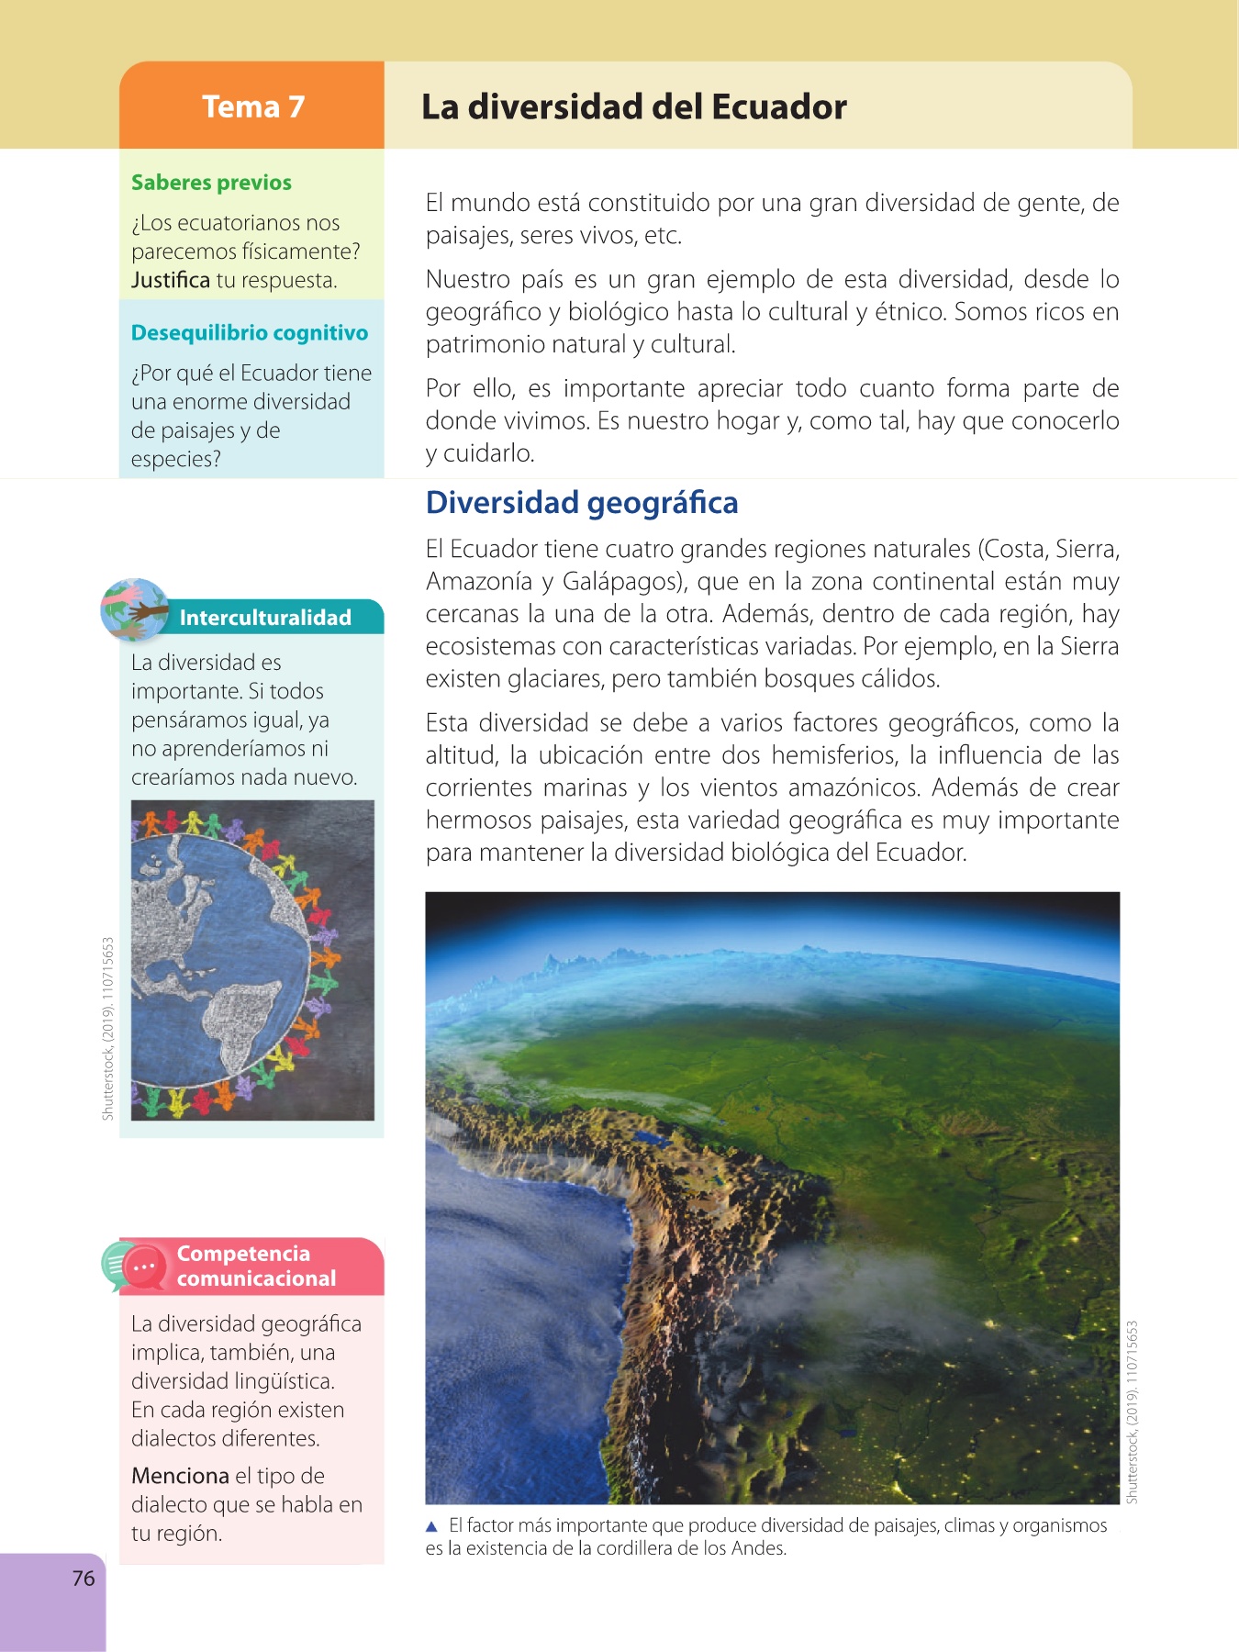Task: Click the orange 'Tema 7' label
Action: point(252,106)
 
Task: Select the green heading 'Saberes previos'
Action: point(211,182)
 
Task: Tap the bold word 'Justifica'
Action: point(171,280)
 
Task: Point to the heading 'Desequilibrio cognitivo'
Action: point(249,332)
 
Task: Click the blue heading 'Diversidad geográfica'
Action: point(582,503)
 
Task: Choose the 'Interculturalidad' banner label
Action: point(265,618)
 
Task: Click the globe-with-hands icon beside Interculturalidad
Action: point(135,609)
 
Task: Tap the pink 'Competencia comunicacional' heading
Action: point(256,1266)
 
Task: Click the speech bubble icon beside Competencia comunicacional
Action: point(134,1267)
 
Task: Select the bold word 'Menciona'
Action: point(180,1476)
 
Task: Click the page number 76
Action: point(84,1579)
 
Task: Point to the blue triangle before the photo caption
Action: point(432,1526)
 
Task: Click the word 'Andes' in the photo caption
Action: point(760,1548)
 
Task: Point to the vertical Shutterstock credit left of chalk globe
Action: point(108,1028)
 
